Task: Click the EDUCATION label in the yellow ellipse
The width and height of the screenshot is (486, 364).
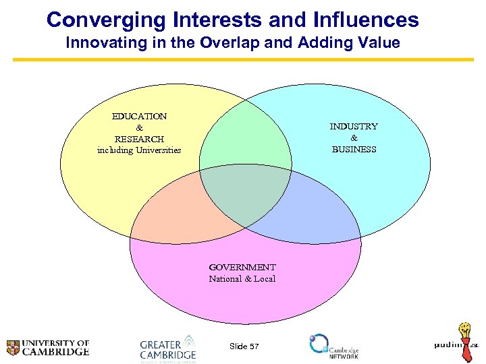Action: click(139, 116)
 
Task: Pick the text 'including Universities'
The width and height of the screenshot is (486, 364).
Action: click(139, 150)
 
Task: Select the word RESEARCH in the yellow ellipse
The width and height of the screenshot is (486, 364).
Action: click(139, 139)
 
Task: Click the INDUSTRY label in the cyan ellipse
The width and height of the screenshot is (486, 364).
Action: click(354, 126)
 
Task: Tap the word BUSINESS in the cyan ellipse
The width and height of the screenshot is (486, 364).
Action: click(354, 149)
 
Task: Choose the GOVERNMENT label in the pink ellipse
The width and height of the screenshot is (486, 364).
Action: click(242, 267)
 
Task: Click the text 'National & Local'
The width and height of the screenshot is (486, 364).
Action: click(242, 278)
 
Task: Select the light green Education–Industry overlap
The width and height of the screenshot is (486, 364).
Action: click(245, 142)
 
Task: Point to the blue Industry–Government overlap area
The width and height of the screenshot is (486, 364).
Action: click(310, 212)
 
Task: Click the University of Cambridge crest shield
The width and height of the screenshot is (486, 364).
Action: click(13, 348)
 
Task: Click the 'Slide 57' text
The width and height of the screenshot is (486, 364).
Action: click(244, 346)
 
